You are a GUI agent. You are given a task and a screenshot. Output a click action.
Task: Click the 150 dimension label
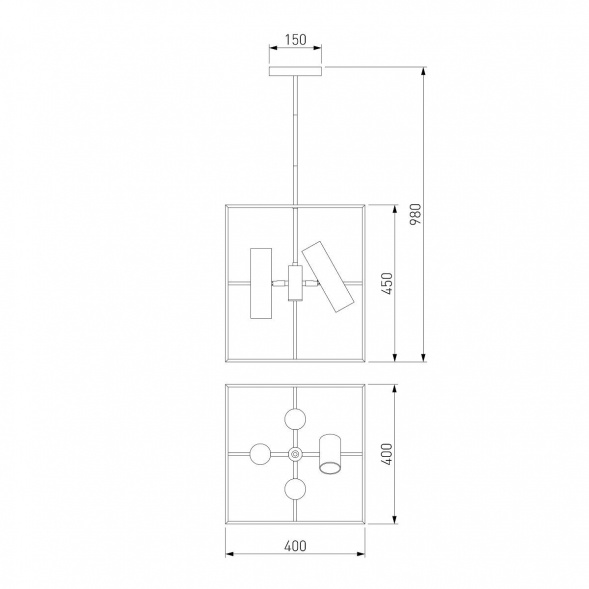[x=296, y=39]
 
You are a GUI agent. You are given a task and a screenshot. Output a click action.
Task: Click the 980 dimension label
[x=415, y=214]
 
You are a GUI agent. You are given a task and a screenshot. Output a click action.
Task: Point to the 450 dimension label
[x=387, y=284]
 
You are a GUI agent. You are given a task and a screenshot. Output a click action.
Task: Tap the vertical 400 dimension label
[x=387, y=454]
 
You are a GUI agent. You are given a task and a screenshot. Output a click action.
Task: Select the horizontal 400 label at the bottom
[x=295, y=546]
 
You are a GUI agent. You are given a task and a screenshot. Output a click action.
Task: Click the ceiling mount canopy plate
[x=296, y=71]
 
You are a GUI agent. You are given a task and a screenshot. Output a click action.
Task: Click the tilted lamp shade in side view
[x=328, y=276]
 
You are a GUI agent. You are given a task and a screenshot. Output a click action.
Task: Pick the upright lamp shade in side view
[x=261, y=283]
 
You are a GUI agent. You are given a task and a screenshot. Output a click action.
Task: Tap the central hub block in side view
[x=295, y=283]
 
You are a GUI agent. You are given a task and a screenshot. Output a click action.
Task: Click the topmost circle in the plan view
[x=295, y=419]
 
